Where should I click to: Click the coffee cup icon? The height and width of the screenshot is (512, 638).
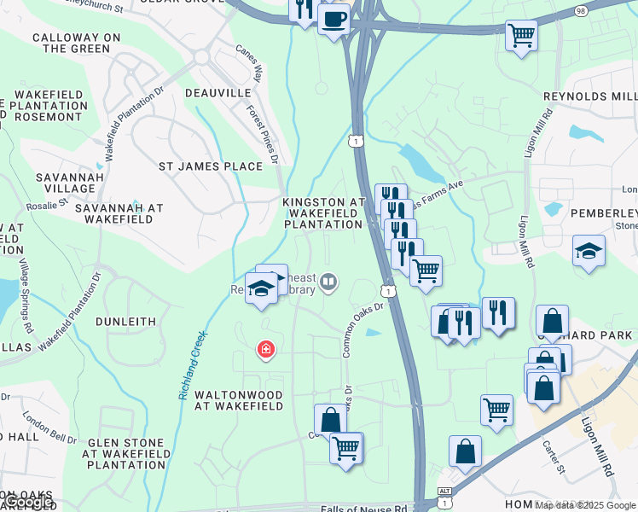coord(334,18)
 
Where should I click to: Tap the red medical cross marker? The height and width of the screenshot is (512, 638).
coord(266,349)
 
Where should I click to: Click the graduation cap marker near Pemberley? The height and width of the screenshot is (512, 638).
coord(589,251)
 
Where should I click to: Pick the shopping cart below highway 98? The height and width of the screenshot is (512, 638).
coord(521,36)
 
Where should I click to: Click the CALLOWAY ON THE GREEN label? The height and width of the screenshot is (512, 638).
coord(71,44)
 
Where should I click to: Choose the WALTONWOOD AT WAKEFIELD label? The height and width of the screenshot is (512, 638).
coord(238,400)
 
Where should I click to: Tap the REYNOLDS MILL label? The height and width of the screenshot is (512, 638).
coord(590,97)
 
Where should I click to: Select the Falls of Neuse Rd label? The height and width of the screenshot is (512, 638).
coord(363,509)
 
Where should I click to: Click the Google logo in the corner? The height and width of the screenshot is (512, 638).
coord(27,503)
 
